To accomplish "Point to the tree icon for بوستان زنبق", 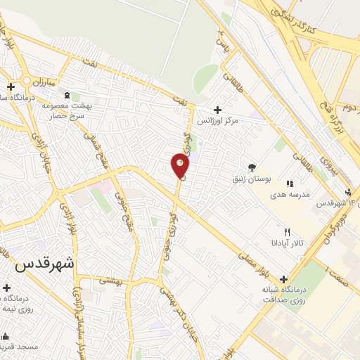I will pyautogui.click(x=252, y=167).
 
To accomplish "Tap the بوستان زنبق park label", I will pyautogui.click(x=251, y=179).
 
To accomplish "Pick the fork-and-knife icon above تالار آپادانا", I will pyautogui.click(x=286, y=231).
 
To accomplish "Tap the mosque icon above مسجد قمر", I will pyautogui.click(x=6, y=336).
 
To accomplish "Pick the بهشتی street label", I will pyautogui.click(x=110, y=280).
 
